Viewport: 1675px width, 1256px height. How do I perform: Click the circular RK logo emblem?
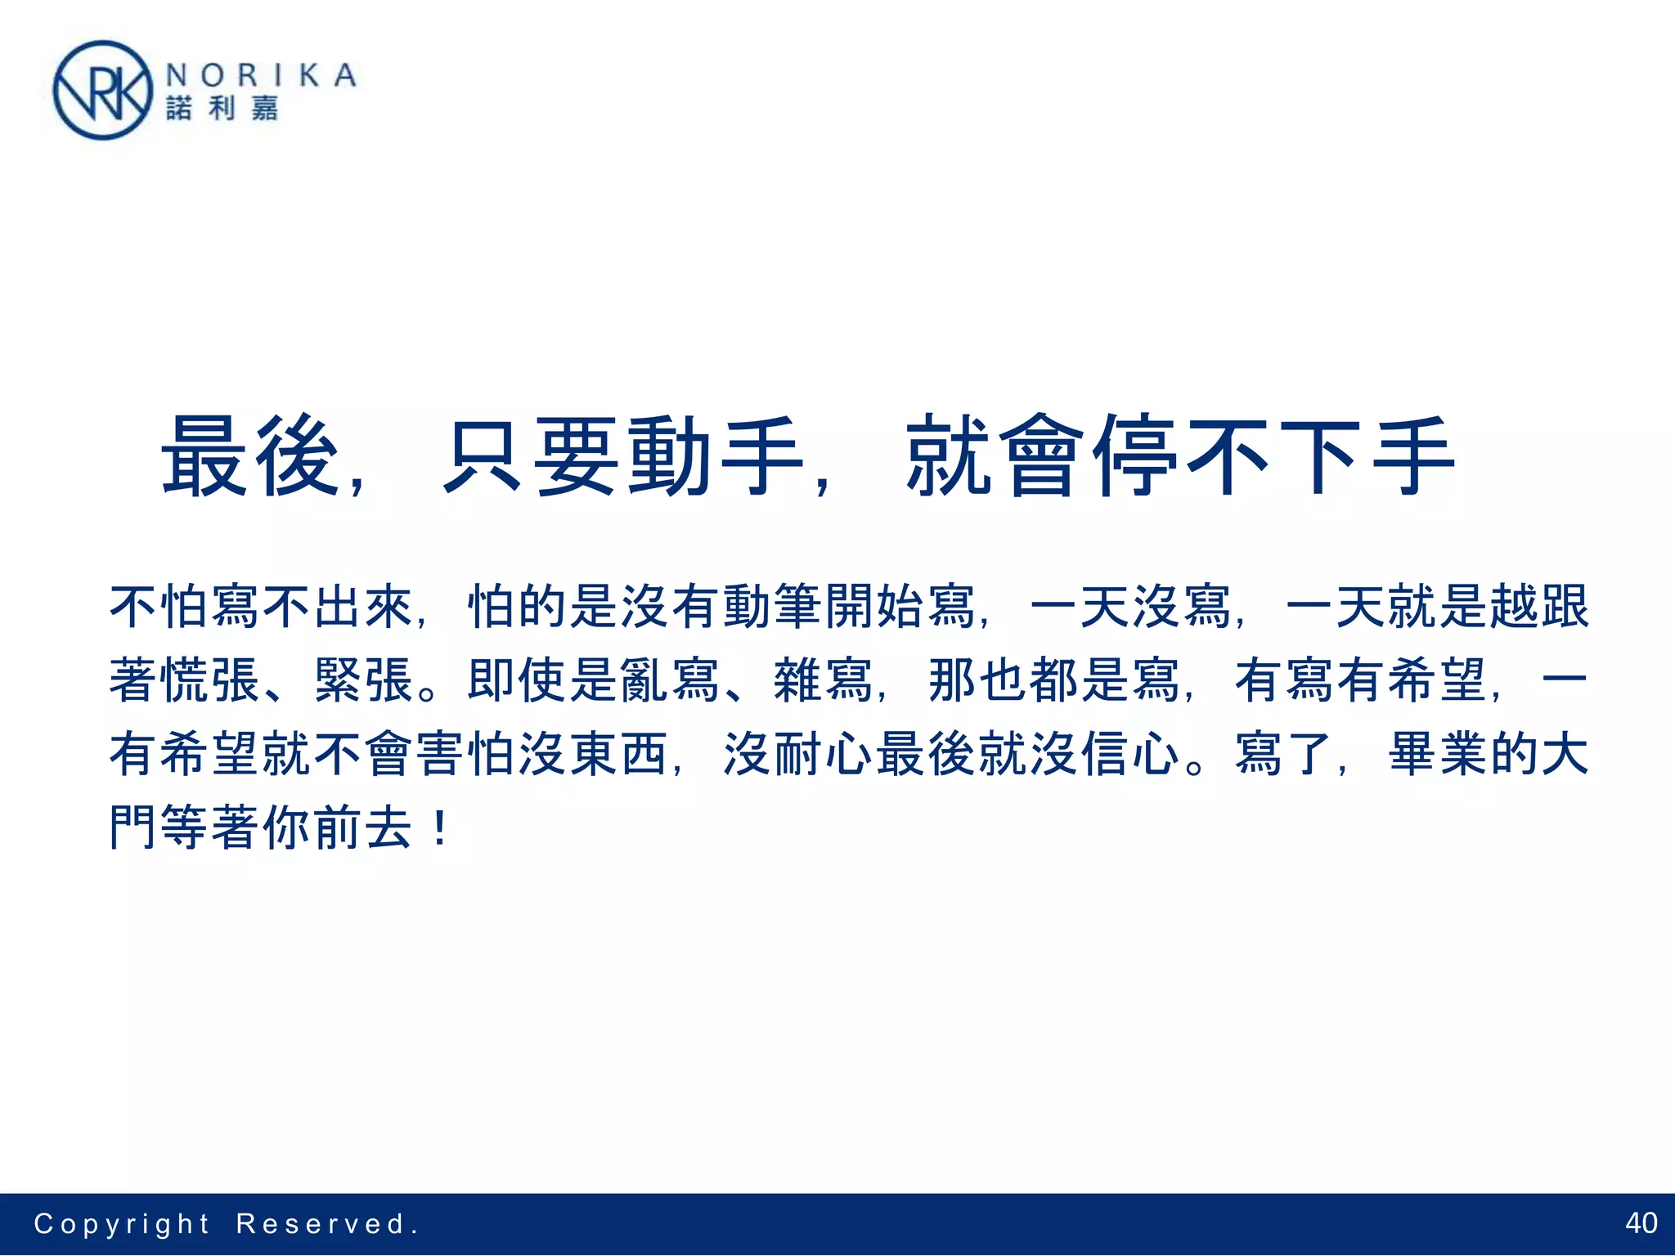pos(102,91)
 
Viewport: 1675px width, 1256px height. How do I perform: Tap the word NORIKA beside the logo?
pos(261,75)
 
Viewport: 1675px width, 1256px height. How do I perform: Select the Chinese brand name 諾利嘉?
pos(222,108)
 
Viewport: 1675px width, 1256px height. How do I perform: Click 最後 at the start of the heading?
pos(250,455)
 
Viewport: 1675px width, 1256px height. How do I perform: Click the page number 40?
pos(1641,1222)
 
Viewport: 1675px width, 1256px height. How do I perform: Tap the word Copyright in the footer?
pos(122,1223)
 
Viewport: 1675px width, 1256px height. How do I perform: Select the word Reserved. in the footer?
pos(327,1223)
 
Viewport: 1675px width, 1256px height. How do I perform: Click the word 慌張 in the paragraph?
pos(210,680)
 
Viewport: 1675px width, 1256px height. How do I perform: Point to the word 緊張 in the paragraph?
pos(364,680)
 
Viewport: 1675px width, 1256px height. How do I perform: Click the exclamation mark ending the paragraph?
pos(440,828)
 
